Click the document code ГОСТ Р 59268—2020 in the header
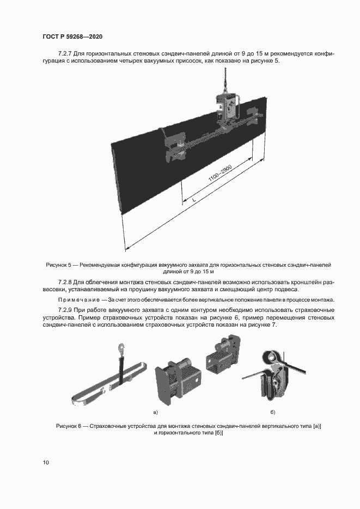coord(72,36)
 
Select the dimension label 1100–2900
coord(220,175)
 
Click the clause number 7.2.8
coord(65,283)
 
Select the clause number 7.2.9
coord(65,310)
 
